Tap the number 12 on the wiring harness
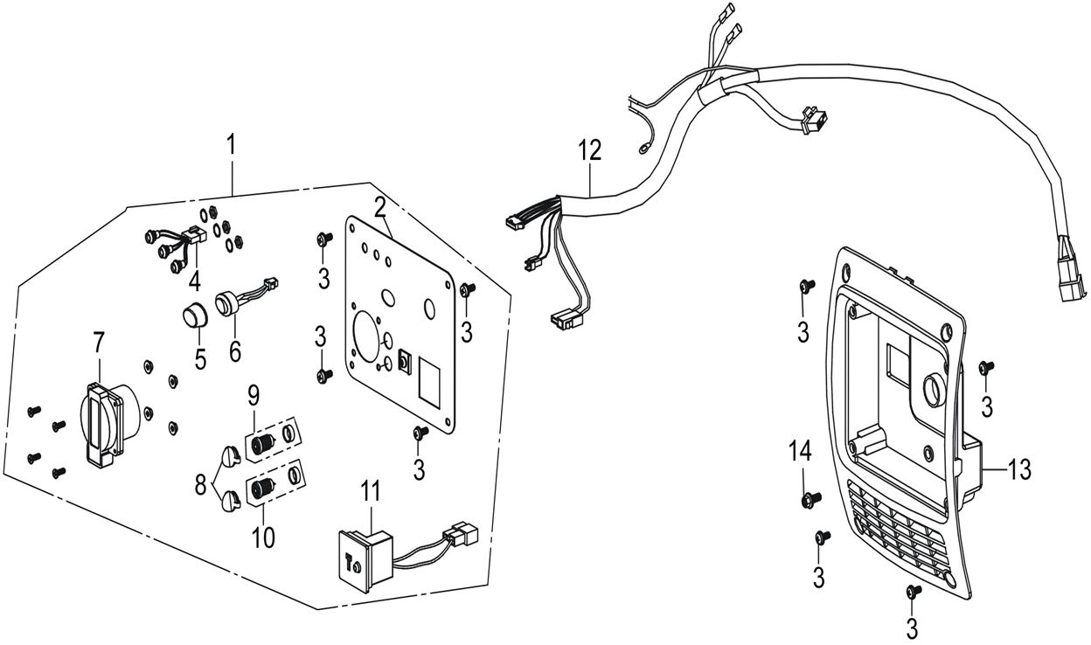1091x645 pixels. point(589,149)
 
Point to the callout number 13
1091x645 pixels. point(1018,468)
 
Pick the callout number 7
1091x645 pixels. point(98,345)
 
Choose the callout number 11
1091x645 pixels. point(373,490)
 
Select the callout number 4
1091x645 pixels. point(195,281)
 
